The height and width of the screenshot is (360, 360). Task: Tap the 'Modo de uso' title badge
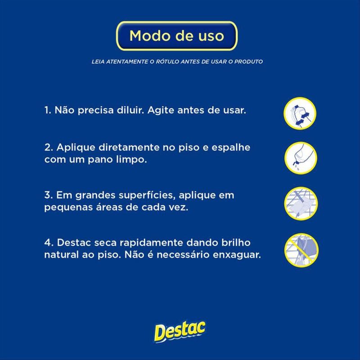[x=176, y=36]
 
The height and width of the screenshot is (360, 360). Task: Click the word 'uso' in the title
[x=211, y=36]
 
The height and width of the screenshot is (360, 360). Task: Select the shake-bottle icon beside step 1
[x=300, y=113]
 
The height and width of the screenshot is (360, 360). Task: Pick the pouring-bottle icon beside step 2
[x=301, y=158]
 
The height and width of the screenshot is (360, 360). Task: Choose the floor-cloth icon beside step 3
[x=301, y=203]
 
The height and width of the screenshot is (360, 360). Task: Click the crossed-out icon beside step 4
[x=301, y=250]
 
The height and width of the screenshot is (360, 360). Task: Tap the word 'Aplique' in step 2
[x=76, y=148]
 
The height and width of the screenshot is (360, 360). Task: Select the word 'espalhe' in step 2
[x=231, y=148]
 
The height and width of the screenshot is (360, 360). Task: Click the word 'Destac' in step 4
[x=74, y=243]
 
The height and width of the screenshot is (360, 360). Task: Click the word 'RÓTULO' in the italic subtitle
[x=167, y=62]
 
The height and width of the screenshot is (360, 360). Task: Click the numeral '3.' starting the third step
[x=49, y=195]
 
